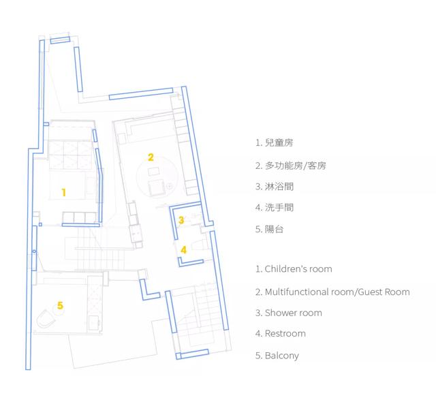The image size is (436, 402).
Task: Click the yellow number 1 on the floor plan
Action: [63, 192]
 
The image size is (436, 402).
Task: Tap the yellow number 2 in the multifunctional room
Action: [151, 157]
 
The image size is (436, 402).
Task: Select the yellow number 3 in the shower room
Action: [181, 220]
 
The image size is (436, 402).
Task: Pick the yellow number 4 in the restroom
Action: [183, 250]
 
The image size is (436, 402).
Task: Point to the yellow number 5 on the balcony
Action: [60, 305]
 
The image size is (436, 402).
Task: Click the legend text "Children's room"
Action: [298, 269]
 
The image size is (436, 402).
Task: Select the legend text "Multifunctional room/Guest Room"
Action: [337, 292]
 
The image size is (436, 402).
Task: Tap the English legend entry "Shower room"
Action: [294, 313]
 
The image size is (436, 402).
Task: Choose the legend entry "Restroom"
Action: [285, 333]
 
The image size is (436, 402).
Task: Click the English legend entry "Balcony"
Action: [282, 356]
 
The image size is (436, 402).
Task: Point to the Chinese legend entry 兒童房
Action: [279, 143]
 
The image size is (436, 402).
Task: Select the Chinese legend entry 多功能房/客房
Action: [295, 166]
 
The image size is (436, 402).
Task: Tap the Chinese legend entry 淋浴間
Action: [279, 187]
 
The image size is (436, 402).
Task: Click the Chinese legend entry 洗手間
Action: [279, 207]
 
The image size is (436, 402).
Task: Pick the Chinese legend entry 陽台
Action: [274, 230]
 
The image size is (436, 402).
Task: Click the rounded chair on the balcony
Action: [45, 319]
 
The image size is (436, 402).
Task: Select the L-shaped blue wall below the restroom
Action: [191, 262]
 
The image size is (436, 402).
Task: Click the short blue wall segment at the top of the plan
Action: [60, 40]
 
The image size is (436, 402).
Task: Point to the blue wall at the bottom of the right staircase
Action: [192, 354]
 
